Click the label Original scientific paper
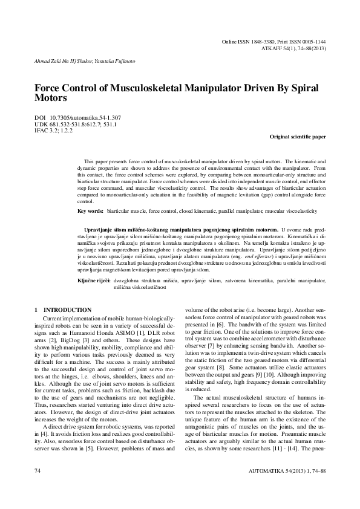click(x=298, y=137)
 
